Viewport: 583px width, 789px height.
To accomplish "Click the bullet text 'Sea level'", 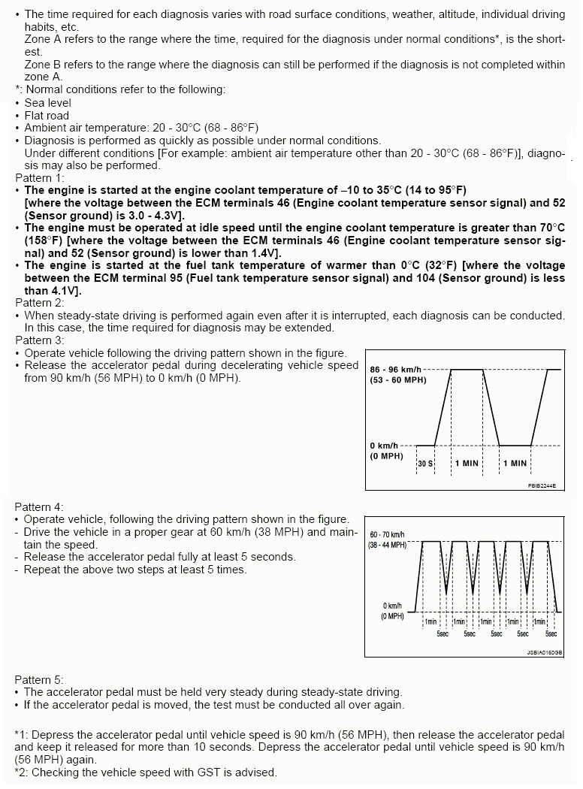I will (x=47, y=103).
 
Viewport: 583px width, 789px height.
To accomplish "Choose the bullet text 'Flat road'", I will (x=47, y=116).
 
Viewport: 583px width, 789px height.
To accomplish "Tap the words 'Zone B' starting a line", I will (x=42, y=65).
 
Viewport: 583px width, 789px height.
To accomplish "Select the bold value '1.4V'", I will (x=260, y=254).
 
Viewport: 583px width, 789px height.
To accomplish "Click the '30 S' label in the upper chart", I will (x=425, y=464).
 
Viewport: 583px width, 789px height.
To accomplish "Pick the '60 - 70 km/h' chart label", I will (x=386, y=534).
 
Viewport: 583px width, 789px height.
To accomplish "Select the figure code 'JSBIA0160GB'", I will (x=544, y=653).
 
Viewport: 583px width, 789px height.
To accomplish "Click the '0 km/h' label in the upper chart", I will (x=384, y=446).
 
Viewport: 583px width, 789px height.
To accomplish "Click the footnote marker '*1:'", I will (x=22, y=735).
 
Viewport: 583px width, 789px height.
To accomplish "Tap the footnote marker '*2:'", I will (x=22, y=772).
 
